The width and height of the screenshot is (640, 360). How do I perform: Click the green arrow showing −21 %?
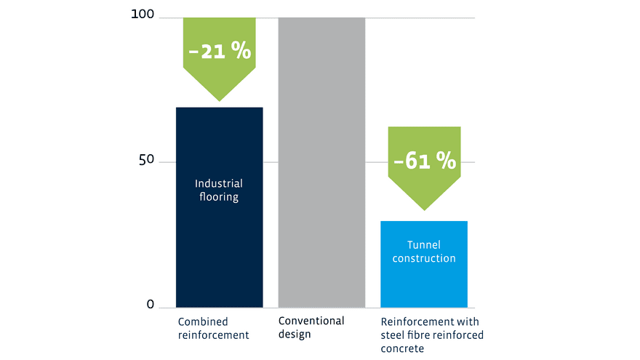[219, 55]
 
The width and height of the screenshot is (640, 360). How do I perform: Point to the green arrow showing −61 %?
[424, 164]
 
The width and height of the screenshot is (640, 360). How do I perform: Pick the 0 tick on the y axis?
[151, 304]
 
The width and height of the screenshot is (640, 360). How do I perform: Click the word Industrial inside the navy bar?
[219, 184]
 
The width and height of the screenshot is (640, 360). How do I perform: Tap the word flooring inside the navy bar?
[219, 197]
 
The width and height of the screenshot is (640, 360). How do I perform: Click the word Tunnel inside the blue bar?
[424, 245]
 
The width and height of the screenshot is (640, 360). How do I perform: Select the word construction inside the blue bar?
[424, 258]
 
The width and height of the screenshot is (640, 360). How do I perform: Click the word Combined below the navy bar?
[203, 321]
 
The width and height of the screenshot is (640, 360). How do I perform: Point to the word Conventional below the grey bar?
[311, 321]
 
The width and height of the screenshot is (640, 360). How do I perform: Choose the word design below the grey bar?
[295, 335]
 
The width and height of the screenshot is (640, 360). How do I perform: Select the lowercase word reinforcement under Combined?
[213, 335]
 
